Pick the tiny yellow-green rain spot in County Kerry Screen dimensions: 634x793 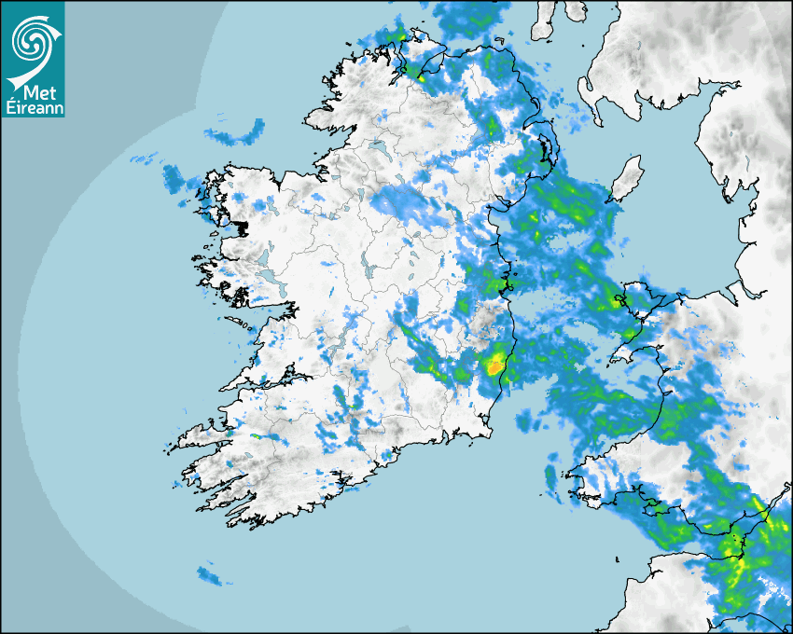coord(256,436)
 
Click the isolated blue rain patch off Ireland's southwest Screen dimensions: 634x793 coord(209,575)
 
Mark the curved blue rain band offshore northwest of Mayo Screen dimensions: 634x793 coord(234,137)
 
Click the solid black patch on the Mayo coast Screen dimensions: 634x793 coord(242,227)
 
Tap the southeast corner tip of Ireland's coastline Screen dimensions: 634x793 coord(488,431)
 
